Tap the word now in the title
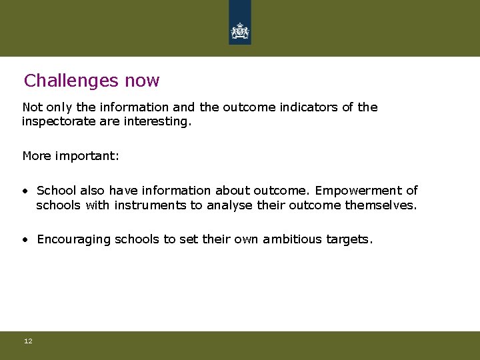click(x=142, y=81)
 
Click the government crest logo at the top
click(x=240, y=30)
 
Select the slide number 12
click(x=28, y=341)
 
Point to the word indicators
click(x=309, y=107)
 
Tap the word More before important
click(x=36, y=156)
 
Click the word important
click(x=86, y=156)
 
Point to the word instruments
click(x=150, y=205)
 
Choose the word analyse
click(x=229, y=205)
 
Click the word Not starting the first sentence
click(x=32, y=107)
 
